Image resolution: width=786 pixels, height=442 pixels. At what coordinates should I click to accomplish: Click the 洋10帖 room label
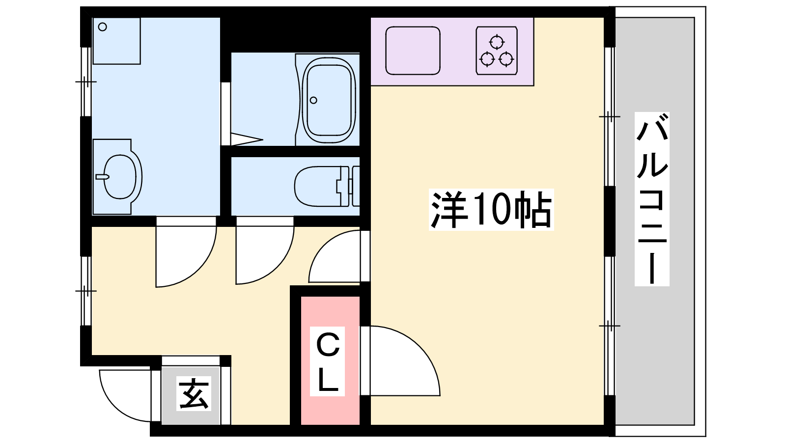(491, 209)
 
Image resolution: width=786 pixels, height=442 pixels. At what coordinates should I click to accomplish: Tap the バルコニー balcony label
(651, 199)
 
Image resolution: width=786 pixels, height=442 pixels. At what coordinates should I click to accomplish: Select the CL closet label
(327, 361)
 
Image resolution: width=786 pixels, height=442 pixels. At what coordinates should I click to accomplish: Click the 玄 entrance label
(194, 393)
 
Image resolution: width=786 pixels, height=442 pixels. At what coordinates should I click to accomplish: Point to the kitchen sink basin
(413, 51)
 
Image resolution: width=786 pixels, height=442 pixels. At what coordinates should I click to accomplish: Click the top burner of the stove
(497, 42)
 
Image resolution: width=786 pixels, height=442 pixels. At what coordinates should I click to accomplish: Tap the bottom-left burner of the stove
(487, 59)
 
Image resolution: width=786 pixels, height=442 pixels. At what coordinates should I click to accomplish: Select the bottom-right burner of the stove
(506, 59)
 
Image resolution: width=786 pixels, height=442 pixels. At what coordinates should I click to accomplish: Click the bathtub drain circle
(314, 100)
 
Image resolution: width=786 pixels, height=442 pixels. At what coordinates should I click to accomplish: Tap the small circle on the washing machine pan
(103, 27)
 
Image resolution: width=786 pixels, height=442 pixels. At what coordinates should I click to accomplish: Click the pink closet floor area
(330, 360)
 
